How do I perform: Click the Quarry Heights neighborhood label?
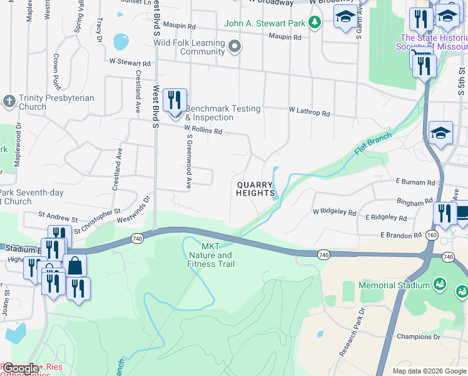[255, 189]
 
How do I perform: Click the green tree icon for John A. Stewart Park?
[316, 23]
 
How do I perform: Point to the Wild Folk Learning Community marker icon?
[235, 46]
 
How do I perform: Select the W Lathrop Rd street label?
[308, 112]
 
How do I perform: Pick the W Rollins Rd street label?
[203, 130]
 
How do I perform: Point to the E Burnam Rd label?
[415, 182]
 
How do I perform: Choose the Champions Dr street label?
[419, 337]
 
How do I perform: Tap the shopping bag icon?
[74, 266]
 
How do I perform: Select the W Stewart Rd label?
[130, 63]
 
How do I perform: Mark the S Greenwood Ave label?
[186, 160]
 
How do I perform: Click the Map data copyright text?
[429, 371]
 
